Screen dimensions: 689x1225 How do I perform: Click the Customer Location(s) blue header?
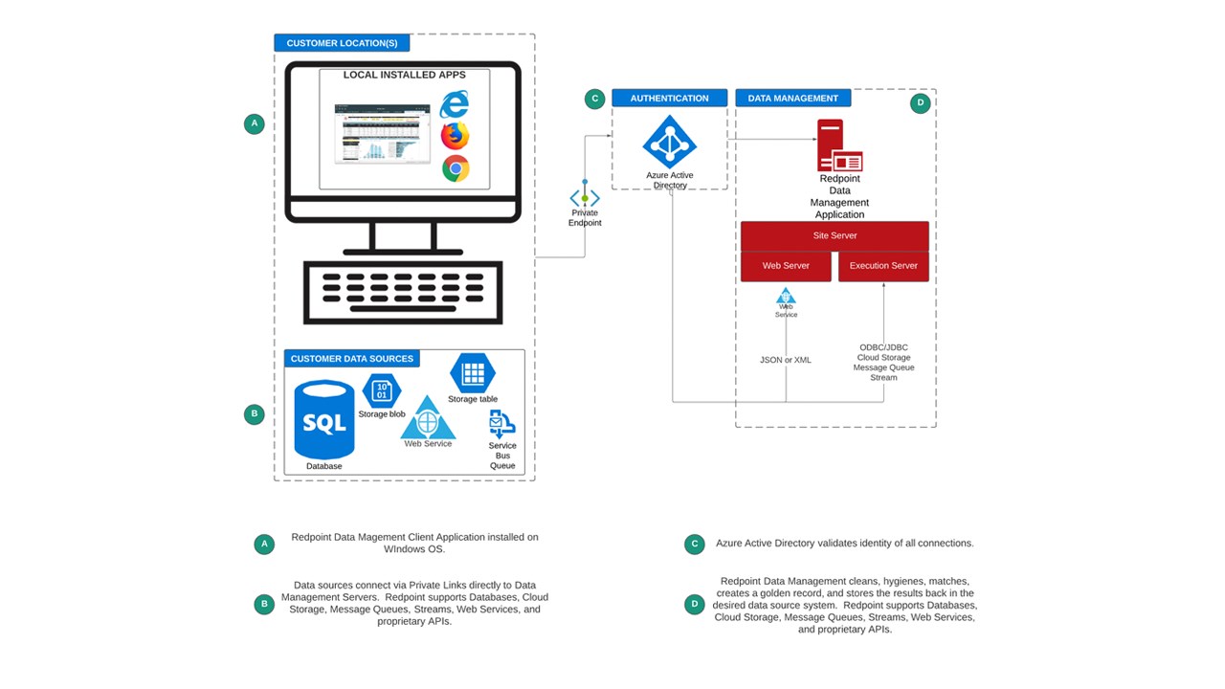(342, 43)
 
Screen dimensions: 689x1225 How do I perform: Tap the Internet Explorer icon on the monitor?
(455, 103)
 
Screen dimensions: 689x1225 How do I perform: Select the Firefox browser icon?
(456, 136)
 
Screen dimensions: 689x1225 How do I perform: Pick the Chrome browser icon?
(456, 169)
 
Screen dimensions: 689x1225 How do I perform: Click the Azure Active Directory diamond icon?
(670, 142)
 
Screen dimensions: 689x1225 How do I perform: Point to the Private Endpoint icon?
(585, 198)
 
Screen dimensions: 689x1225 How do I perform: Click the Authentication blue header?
(669, 98)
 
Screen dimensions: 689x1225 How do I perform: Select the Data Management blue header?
(792, 98)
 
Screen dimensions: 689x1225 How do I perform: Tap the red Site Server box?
(835, 235)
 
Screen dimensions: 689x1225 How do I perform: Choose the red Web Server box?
(786, 266)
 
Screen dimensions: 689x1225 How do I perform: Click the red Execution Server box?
(883, 266)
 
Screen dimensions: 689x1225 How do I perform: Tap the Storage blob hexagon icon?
(382, 390)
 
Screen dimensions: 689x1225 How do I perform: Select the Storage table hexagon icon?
(473, 373)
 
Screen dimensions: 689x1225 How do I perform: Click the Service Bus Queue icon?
(501, 423)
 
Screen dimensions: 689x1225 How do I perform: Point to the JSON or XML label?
(786, 360)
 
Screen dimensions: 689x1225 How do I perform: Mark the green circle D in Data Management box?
(920, 103)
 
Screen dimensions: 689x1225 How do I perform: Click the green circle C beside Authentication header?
(594, 99)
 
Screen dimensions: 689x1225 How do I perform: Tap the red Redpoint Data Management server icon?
(839, 145)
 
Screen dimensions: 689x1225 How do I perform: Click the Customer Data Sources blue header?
(352, 359)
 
